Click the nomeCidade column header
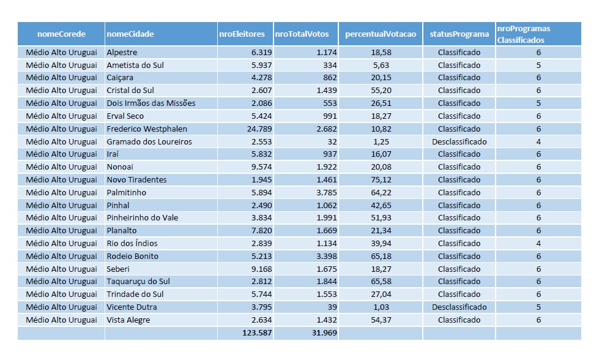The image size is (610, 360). (x=130, y=34)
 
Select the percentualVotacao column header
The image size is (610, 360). (x=381, y=34)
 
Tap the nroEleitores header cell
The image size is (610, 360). (x=242, y=34)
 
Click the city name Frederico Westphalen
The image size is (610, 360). (x=147, y=129)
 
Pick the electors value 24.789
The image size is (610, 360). (x=258, y=129)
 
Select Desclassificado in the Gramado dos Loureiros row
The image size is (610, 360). (x=459, y=141)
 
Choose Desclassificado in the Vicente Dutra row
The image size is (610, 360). (x=459, y=307)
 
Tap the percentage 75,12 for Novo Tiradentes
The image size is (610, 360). (x=381, y=179)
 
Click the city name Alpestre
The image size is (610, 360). (x=122, y=52)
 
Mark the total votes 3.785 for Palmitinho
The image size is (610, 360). (x=326, y=192)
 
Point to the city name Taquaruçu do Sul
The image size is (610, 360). (x=138, y=282)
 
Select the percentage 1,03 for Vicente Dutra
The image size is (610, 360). (x=381, y=307)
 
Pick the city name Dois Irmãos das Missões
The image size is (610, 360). (x=151, y=103)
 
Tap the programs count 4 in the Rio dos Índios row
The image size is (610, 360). (x=538, y=243)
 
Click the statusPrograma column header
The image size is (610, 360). (x=459, y=34)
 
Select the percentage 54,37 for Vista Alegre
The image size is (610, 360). (x=381, y=320)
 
